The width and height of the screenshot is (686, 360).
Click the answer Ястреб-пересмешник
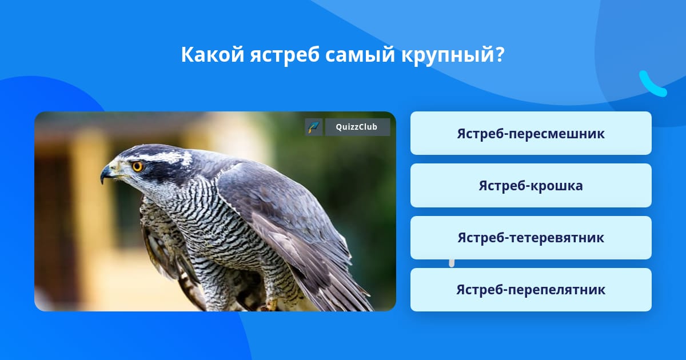coord(531,133)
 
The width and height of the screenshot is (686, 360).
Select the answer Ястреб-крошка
coord(531,186)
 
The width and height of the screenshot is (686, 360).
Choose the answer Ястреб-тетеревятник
coord(531,238)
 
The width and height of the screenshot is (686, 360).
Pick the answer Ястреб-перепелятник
coord(531,290)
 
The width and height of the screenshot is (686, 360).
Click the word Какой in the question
coord(213,54)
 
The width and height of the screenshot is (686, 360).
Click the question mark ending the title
coord(498,54)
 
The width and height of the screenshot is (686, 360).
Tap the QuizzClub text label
coord(357,127)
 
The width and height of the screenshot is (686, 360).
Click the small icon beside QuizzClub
coord(314,127)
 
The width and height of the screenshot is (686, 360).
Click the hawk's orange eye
coord(137,166)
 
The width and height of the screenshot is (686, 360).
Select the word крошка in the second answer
coord(556,186)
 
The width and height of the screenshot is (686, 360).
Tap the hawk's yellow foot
coord(270,305)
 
